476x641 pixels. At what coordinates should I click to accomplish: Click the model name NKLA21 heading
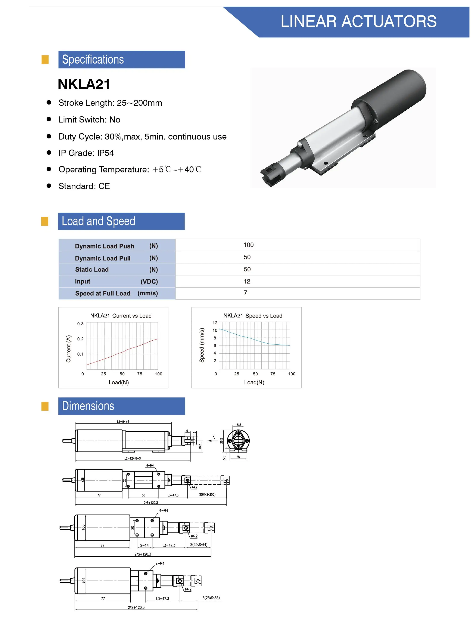pyautogui.click(x=84, y=84)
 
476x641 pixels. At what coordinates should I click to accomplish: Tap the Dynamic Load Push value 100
pyautogui.click(x=248, y=245)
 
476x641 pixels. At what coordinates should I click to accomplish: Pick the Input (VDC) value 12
pyautogui.click(x=247, y=281)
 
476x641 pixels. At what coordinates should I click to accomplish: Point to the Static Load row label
pyautogui.click(x=92, y=269)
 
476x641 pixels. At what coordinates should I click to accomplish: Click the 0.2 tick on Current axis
pyautogui.click(x=80, y=339)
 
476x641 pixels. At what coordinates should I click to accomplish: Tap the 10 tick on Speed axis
pyautogui.click(x=215, y=331)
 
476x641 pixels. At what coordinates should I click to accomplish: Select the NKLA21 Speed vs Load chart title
pyautogui.click(x=253, y=316)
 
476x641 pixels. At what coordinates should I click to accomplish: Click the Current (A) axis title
pyautogui.click(x=68, y=349)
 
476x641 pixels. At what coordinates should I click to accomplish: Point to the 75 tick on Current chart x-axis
pyautogui.click(x=139, y=374)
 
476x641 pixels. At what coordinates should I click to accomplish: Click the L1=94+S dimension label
pyautogui.click(x=123, y=422)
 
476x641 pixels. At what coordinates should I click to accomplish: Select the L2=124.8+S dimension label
pyautogui.click(x=133, y=458)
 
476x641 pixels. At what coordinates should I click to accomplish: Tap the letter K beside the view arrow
pyautogui.click(x=214, y=437)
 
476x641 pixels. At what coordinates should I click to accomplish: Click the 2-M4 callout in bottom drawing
pyautogui.click(x=160, y=563)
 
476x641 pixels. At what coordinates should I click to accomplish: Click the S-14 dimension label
pyautogui.click(x=144, y=545)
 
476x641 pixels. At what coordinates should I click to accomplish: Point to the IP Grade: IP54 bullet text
pyautogui.click(x=86, y=153)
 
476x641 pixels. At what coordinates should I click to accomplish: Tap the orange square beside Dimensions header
pyautogui.click(x=45, y=406)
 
